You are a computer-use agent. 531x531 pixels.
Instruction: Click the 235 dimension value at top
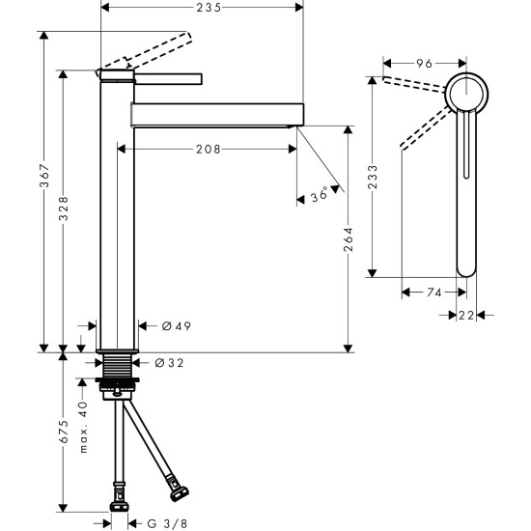pos(203,8)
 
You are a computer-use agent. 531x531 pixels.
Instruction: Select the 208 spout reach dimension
pos(207,149)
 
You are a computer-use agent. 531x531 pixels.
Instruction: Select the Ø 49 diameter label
pos(171,326)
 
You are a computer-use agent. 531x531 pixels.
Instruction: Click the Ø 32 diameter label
pos(170,363)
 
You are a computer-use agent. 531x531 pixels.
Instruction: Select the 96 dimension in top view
pos(424,63)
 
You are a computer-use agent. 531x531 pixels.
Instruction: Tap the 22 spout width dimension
pos(466,315)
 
